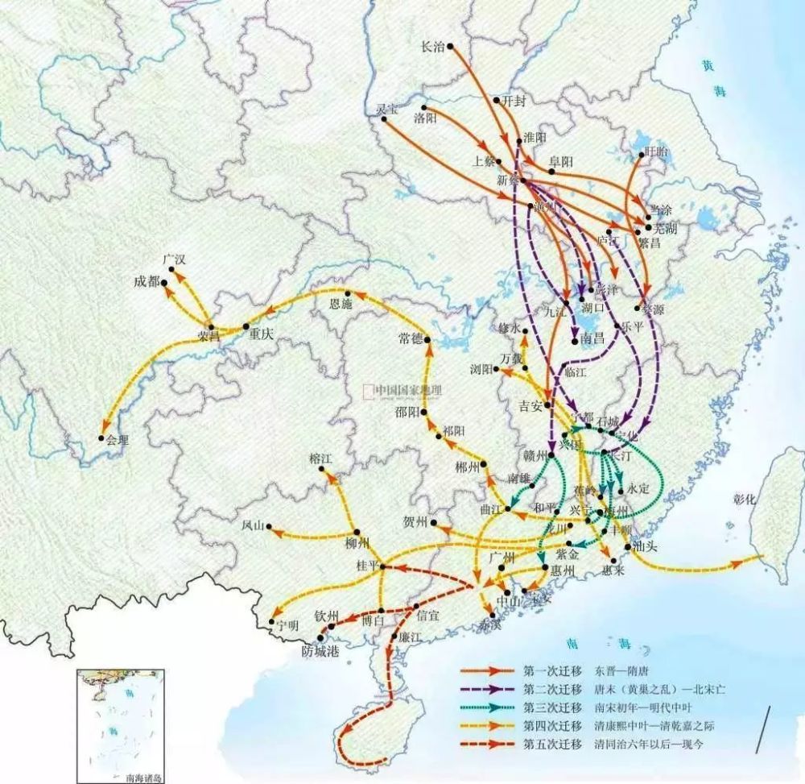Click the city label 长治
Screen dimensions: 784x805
[433, 47]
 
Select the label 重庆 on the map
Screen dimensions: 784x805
[262, 334]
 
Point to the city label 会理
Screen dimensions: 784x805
[118, 440]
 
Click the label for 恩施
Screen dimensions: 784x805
[342, 305]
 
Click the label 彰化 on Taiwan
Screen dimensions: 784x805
[745, 499]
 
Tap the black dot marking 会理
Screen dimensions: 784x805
[101, 439]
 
